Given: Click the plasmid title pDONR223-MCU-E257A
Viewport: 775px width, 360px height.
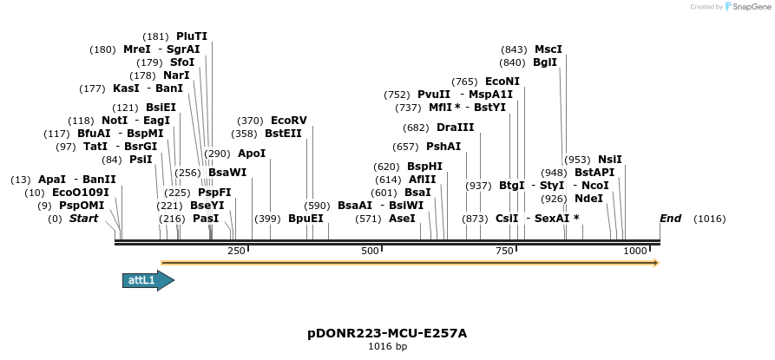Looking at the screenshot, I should click(x=387, y=333).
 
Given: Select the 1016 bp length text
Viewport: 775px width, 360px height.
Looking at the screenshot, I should click(x=387, y=347).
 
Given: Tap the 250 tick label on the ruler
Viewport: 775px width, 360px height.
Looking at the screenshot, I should click(x=236, y=251).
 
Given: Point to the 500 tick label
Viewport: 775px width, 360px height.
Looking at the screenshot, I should click(x=371, y=251).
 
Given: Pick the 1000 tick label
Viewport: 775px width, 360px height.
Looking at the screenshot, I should click(x=636, y=251).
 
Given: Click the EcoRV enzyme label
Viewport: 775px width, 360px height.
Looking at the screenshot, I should click(x=289, y=121).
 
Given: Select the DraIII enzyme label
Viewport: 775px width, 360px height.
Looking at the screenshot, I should click(x=456, y=128).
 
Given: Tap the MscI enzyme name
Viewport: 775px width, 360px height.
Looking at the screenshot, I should click(x=548, y=49).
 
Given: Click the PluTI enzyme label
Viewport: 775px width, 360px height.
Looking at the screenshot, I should click(x=192, y=36).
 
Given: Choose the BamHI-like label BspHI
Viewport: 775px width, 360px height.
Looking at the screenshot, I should click(x=425, y=167).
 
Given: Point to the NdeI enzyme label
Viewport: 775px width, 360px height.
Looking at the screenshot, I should click(x=588, y=199).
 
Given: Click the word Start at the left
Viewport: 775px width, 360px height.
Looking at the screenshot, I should click(x=84, y=219).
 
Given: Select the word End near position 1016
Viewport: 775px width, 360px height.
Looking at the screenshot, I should click(x=670, y=219).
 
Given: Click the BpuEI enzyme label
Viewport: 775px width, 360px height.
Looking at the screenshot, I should click(x=305, y=219).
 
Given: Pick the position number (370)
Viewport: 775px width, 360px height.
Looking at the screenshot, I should click(x=250, y=121).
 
